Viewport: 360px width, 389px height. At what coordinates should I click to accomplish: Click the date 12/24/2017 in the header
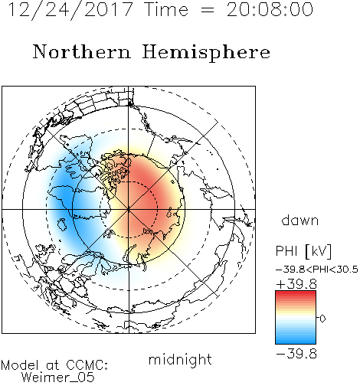71,10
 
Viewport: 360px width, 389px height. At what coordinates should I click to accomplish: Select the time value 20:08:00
270,10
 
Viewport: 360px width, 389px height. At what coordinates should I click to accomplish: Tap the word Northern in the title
82,52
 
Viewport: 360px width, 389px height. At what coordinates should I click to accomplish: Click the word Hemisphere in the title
206,53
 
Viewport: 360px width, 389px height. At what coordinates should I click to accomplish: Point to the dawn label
300,220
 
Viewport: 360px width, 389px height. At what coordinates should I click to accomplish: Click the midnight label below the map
180,360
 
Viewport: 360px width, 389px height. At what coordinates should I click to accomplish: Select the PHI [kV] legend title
303,251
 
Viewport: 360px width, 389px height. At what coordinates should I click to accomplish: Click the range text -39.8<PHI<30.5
317,270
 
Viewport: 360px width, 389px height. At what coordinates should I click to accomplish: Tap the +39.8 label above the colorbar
296,284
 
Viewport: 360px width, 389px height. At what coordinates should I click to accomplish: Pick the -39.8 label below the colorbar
296,354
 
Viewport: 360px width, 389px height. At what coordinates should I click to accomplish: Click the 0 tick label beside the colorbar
322,319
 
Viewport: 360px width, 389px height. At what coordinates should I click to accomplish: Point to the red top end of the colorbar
296,293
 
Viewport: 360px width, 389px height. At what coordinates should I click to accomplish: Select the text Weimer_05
58,377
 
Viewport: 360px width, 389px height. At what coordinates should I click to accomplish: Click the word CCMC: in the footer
87,365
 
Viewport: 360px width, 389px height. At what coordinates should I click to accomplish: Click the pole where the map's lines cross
129,210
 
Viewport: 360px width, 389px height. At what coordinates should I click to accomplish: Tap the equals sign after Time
208,10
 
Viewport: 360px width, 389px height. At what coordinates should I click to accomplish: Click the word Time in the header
166,10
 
